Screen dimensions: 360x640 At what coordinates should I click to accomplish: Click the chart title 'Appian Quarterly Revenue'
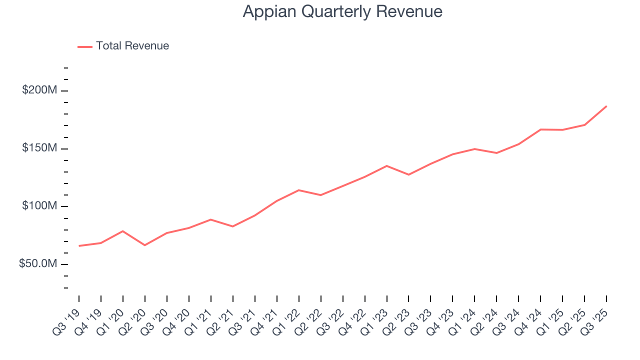pos(342,11)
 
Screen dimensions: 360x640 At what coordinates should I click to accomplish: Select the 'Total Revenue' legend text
pos(132,46)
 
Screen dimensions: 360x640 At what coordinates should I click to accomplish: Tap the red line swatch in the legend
pos(85,46)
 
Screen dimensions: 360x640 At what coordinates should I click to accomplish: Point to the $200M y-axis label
pos(39,90)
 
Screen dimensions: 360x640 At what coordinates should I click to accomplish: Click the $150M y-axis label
pos(39,148)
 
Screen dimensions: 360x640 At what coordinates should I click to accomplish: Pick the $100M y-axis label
pos(39,206)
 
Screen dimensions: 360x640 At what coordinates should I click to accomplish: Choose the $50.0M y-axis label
pos(38,263)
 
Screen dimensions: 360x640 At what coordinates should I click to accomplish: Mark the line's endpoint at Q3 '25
pos(606,106)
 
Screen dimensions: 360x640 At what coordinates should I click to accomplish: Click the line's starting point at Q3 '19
pos(79,246)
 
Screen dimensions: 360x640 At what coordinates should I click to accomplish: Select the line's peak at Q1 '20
pos(123,231)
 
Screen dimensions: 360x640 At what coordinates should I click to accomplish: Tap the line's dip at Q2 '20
pos(145,245)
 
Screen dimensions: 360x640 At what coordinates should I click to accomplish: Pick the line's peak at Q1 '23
pos(386,165)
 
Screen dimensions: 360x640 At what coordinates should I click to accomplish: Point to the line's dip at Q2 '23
pos(408,174)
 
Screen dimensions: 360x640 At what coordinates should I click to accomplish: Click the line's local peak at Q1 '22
pos(298,190)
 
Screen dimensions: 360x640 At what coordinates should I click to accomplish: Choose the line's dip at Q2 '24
pos(496,153)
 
